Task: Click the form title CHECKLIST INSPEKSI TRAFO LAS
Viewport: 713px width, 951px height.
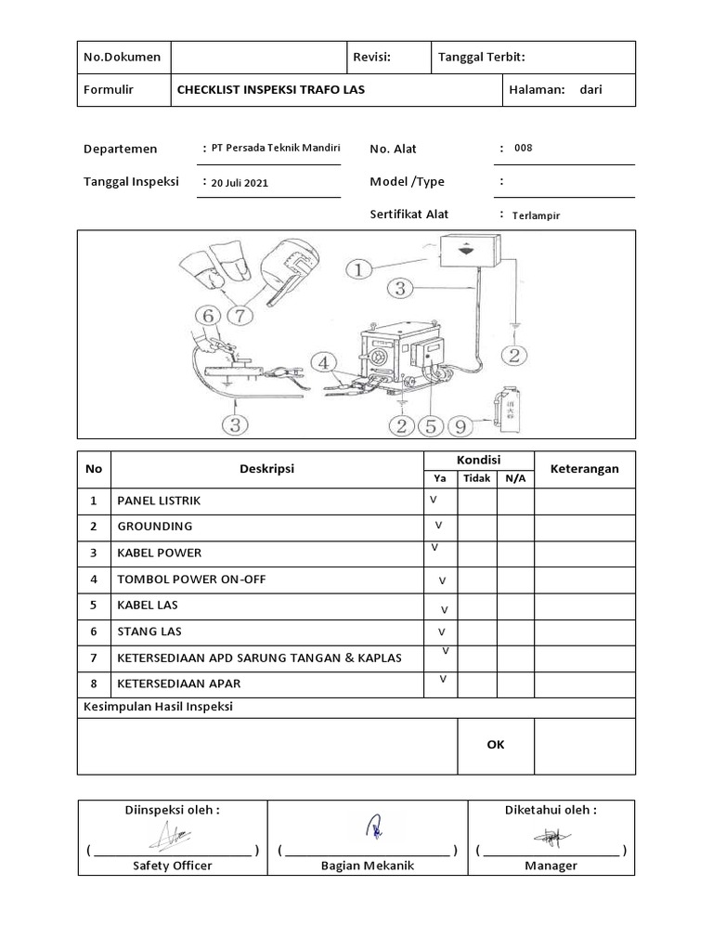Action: tap(279, 90)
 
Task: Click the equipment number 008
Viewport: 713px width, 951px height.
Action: tap(523, 148)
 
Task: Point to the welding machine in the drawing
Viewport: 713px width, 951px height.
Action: tap(399, 358)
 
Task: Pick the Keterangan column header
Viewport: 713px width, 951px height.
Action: tap(584, 469)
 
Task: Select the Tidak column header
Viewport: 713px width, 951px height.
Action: tap(476, 478)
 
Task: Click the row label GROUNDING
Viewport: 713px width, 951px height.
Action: tap(154, 527)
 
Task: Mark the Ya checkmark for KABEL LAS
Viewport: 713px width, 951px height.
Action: tap(444, 610)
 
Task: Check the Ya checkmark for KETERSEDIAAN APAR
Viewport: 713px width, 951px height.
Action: tap(443, 680)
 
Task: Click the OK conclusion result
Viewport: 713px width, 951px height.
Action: tap(496, 745)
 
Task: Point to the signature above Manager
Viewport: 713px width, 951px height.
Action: tap(551, 838)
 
